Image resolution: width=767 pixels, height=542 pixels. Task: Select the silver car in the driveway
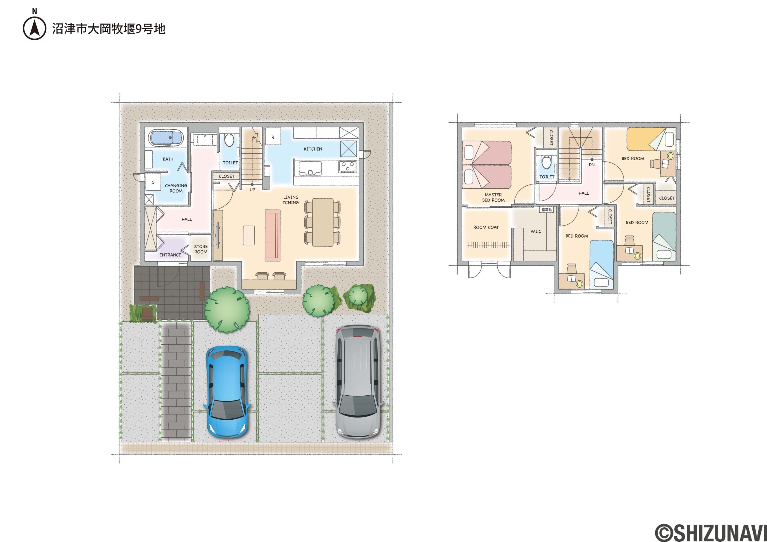(358, 381)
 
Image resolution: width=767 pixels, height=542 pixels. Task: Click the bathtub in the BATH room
(166, 138)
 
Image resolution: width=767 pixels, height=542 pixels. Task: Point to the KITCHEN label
(313, 149)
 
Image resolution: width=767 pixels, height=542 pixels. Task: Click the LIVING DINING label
(291, 200)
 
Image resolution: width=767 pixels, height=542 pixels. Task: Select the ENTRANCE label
(170, 255)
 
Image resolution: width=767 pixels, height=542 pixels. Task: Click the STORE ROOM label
(201, 249)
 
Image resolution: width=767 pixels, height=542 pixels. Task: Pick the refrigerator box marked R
(273, 137)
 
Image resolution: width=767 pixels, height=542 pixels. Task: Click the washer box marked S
(153, 183)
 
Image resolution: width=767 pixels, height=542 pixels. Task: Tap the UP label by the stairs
(253, 190)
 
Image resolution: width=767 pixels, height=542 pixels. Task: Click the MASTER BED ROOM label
(493, 197)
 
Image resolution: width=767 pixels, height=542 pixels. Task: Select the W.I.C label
(536, 231)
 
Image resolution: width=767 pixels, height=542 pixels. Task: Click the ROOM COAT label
(486, 227)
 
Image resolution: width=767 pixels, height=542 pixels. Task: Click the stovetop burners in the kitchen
(348, 166)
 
